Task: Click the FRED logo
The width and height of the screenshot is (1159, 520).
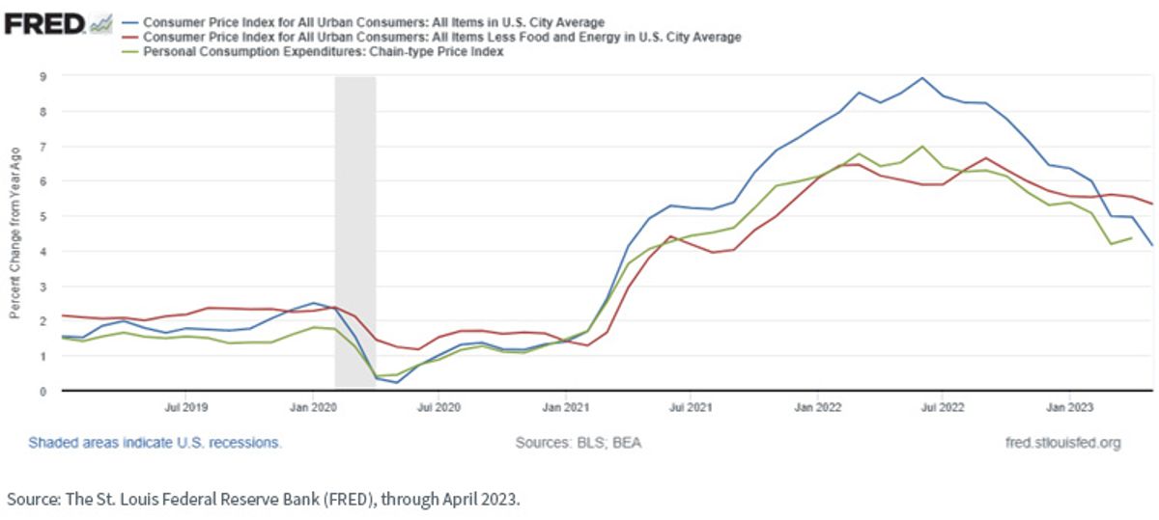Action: click(x=58, y=24)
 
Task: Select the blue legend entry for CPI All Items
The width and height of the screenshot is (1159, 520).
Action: click(x=363, y=23)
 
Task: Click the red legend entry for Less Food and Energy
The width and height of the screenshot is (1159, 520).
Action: click(x=432, y=38)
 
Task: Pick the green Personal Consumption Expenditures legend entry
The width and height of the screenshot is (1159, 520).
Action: click(x=313, y=52)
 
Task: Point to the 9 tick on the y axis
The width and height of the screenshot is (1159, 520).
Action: click(x=42, y=77)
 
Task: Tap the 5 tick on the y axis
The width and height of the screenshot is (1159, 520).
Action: click(x=42, y=216)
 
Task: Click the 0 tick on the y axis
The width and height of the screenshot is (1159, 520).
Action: click(x=42, y=392)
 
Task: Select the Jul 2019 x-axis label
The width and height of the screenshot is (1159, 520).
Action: click(x=186, y=407)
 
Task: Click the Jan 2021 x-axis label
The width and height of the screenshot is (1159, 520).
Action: click(x=566, y=407)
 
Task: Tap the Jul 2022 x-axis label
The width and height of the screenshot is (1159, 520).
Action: click(x=943, y=407)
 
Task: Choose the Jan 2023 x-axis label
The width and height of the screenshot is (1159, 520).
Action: click(x=1069, y=407)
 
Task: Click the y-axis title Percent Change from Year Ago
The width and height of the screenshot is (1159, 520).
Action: click(x=15, y=233)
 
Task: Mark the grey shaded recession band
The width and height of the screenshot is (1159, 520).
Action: click(x=355, y=232)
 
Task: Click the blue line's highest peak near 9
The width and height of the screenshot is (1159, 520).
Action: click(x=922, y=78)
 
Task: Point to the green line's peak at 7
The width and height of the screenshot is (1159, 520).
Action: click(x=922, y=147)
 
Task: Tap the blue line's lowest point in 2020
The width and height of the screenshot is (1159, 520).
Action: click(x=397, y=382)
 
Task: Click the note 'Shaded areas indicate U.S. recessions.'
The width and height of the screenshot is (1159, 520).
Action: click(x=155, y=443)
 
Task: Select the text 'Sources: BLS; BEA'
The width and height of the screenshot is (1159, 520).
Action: click(x=579, y=443)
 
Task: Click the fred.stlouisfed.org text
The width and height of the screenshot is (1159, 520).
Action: click(x=1063, y=443)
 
